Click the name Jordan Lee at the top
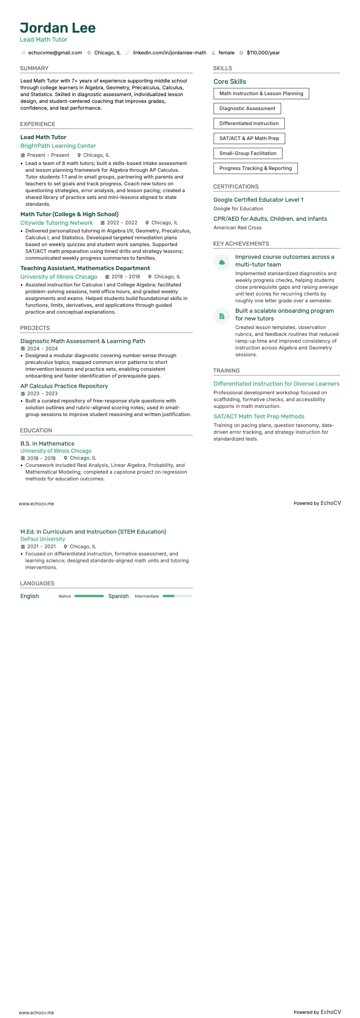click(58, 28)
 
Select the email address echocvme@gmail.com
click(55, 53)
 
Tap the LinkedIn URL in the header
click(169, 53)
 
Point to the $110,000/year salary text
click(263, 53)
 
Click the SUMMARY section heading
click(34, 68)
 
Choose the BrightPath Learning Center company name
click(58, 146)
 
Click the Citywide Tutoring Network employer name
click(57, 223)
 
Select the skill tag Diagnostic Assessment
click(247, 109)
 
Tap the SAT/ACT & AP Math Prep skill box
click(249, 139)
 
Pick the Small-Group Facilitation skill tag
click(248, 154)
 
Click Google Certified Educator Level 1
click(258, 200)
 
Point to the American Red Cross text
click(238, 228)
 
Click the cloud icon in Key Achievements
click(222, 262)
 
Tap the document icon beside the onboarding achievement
click(222, 316)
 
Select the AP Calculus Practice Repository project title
click(64, 386)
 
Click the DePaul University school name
click(43, 539)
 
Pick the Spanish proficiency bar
click(177, 596)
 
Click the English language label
click(29, 596)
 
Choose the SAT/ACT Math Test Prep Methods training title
click(259, 417)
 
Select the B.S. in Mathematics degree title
click(47, 444)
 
